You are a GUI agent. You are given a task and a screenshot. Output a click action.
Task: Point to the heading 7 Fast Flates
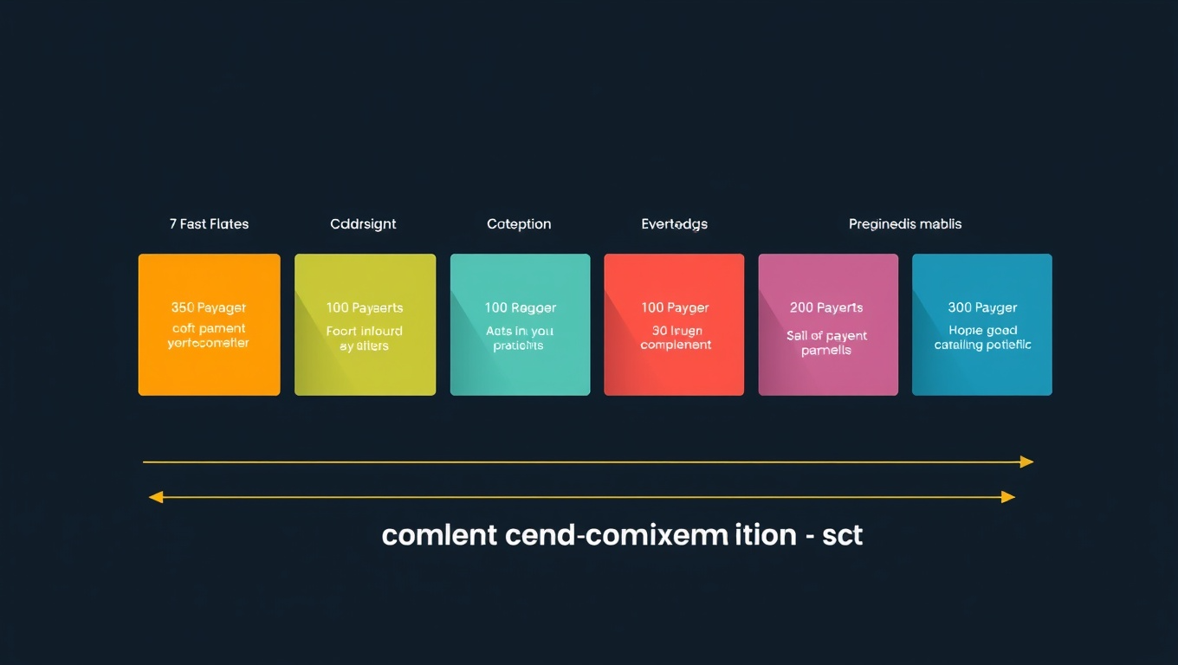(209, 224)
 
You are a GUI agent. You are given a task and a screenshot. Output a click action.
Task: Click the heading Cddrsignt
(363, 224)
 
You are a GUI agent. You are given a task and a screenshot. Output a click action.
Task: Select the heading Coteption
(519, 224)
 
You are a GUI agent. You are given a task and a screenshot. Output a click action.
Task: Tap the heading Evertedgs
(674, 224)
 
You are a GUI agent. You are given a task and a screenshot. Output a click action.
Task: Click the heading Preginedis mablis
(905, 224)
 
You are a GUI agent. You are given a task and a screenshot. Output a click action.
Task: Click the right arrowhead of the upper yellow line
(1026, 462)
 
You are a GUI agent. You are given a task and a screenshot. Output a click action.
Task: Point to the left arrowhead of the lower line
(156, 497)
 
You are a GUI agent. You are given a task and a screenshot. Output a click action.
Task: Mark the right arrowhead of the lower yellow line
(1007, 497)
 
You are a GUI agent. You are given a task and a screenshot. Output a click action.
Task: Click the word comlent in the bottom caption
(439, 535)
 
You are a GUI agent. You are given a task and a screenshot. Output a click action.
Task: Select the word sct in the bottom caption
(843, 535)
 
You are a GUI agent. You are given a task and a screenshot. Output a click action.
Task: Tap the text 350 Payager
(209, 307)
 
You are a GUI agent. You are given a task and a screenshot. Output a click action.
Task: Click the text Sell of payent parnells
(826, 343)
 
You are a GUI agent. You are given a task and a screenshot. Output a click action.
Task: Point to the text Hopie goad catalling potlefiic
(982, 338)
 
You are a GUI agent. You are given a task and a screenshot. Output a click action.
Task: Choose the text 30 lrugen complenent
(676, 338)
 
